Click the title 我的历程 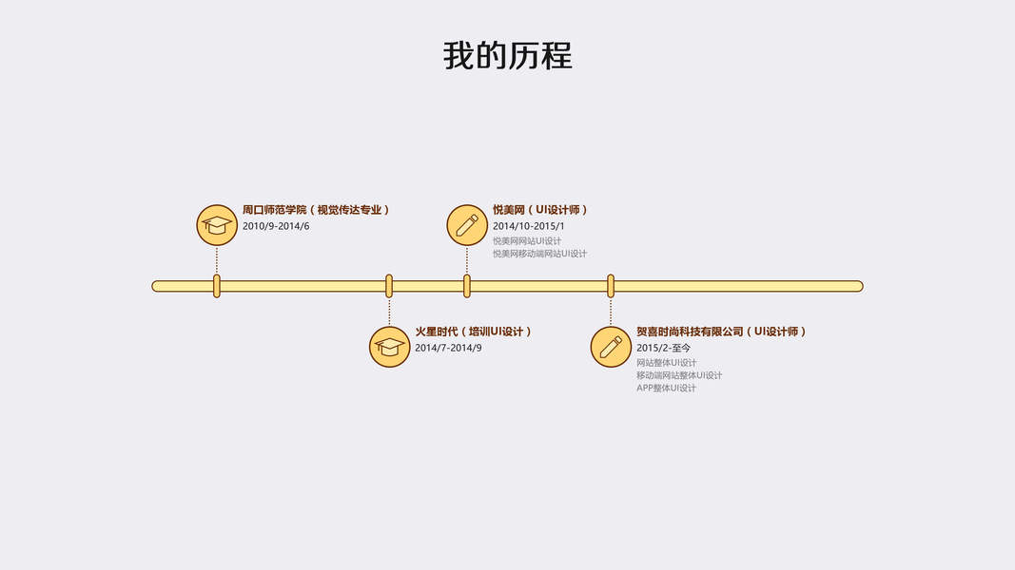(x=507, y=55)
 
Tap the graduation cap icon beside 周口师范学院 (x=217, y=225)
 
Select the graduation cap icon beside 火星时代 (x=389, y=347)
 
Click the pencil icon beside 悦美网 (x=467, y=225)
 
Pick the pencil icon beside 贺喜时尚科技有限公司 (x=611, y=347)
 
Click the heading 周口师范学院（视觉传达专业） (x=316, y=210)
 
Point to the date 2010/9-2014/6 (x=276, y=226)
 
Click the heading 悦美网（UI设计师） (x=540, y=210)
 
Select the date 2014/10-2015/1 (x=528, y=226)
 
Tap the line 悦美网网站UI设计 (x=527, y=241)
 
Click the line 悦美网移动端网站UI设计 (x=539, y=254)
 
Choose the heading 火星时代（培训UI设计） (x=473, y=332)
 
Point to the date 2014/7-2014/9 (x=448, y=348)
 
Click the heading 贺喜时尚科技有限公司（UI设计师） (x=721, y=332)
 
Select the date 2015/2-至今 (x=664, y=349)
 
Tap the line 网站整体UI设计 (x=666, y=363)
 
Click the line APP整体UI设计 (x=666, y=388)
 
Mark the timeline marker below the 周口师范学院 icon (x=217, y=286)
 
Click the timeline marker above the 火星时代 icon (x=389, y=286)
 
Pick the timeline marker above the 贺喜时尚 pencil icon (x=611, y=286)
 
